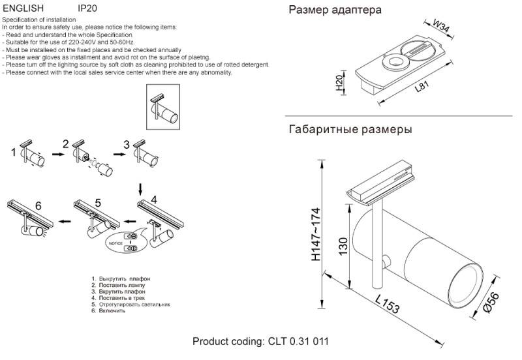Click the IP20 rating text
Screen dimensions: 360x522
87,8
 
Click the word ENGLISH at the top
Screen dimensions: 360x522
23,8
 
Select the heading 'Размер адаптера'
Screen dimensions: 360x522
335,10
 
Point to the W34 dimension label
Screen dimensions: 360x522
442,27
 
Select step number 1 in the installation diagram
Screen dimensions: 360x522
13,153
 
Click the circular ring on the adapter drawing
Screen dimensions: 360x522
395,63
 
